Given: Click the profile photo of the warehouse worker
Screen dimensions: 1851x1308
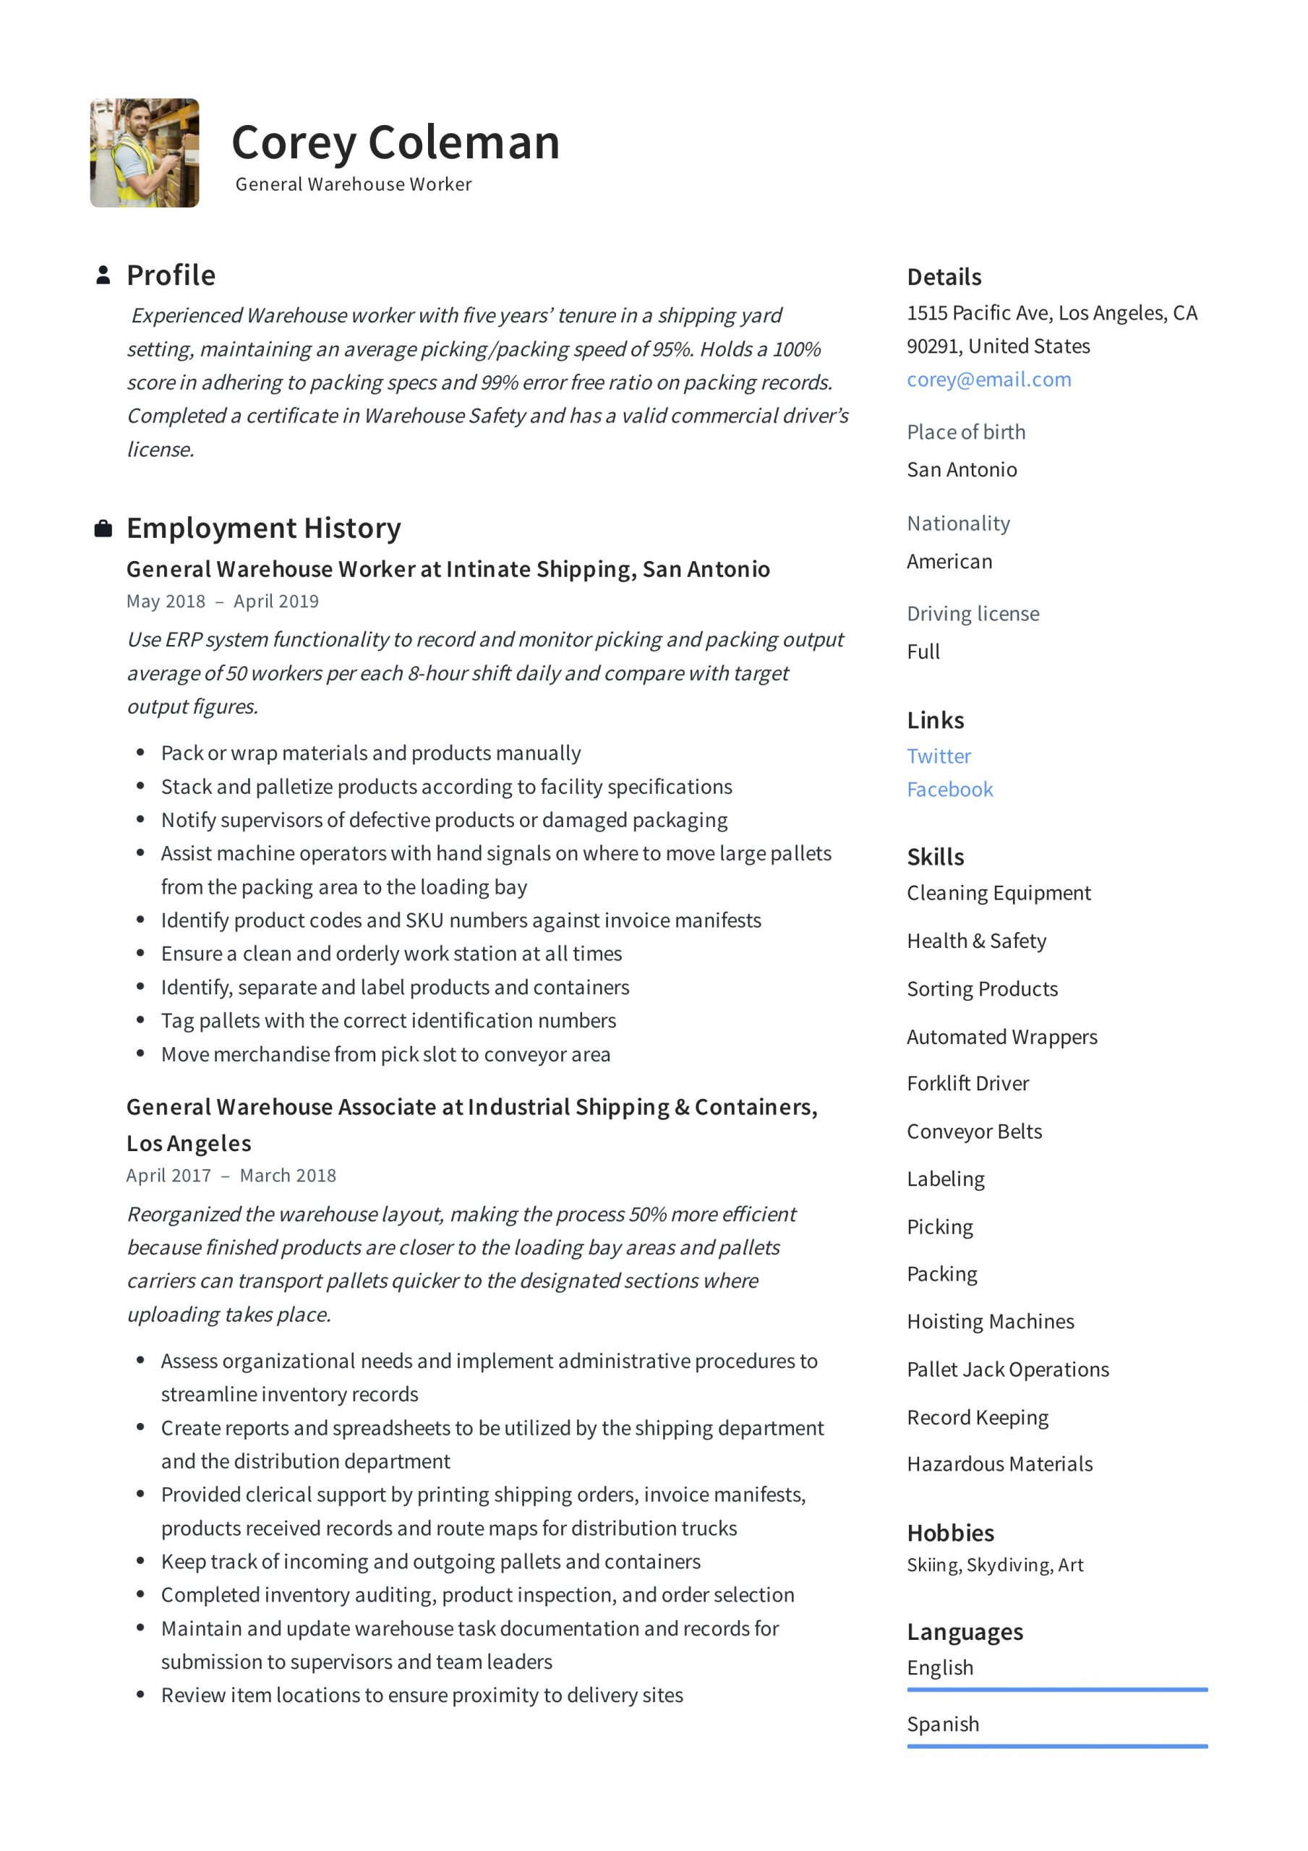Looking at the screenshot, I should (x=145, y=153).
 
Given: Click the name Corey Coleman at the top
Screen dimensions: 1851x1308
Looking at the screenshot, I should (x=395, y=142).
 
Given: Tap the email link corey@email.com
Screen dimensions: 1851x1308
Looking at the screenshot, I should (x=988, y=379).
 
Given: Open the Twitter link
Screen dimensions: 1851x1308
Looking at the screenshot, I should (x=939, y=756).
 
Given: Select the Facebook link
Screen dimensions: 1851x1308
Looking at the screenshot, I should (x=949, y=790).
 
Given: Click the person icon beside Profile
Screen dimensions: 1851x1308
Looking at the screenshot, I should (x=103, y=275).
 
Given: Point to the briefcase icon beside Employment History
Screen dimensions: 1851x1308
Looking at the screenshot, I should (x=103, y=529).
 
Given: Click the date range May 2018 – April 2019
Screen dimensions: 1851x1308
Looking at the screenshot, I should (x=223, y=602).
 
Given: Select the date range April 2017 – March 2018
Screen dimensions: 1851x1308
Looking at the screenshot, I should (x=231, y=1176).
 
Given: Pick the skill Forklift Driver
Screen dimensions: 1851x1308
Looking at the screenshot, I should (x=967, y=1084).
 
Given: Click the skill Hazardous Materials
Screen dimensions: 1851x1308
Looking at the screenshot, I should (x=999, y=1464).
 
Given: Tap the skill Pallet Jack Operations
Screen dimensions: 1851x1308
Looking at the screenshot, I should (x=1007, y=1369).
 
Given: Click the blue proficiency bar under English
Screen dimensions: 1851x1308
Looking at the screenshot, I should (x=1056, y=1689).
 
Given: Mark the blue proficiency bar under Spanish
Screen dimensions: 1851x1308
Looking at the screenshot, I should (x=1056, y=1746).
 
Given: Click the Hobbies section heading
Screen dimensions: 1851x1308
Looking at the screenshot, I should (x=950, y=1533).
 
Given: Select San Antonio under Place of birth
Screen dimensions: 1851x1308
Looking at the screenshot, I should (x=961, y=469).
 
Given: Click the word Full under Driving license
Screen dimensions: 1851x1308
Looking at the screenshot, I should (x=923, y=651).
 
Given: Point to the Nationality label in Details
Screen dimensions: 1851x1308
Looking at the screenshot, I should (x=958, y=523).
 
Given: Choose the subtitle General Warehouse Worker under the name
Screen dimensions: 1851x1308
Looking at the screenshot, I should (x=353, y=184).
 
